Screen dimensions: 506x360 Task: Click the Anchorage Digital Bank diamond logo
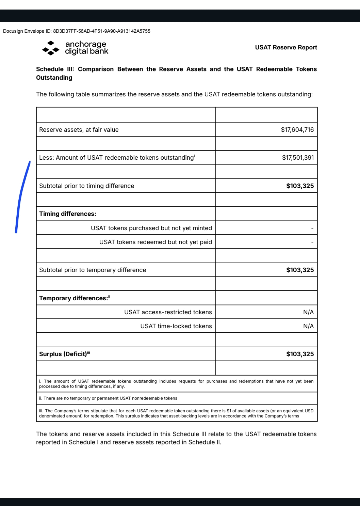[x=51, y=48]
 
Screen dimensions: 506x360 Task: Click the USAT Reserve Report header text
[x=286, y=47]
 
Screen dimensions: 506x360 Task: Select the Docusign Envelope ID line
[x=77, y=31]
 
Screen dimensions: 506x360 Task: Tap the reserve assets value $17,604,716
[x=297, y=130]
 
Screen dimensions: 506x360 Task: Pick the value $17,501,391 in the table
[x=298, y=158]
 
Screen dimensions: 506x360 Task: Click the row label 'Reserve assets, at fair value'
[x=79, y=130]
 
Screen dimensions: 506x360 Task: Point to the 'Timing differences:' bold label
[x=68, y=214]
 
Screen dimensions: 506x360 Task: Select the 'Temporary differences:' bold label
[x=73, y=298]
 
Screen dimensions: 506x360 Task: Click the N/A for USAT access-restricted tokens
[x=308, y=312]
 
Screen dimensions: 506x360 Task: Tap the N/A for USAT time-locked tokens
[x=308, y=326]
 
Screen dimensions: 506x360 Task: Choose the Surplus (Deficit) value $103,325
[x=300, y=354]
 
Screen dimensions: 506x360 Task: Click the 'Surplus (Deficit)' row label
[x=63, y=354]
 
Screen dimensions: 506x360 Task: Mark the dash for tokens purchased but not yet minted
[x=312, y=228]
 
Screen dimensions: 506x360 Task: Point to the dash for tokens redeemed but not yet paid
[x=312, y=242]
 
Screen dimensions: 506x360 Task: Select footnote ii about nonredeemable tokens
[x=108, y=398]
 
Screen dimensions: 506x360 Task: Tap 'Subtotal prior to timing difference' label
[x=87, y=186]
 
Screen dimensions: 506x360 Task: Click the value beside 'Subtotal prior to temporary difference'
[x=300, y=270]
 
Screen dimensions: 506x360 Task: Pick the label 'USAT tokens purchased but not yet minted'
[x=151, y=228]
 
